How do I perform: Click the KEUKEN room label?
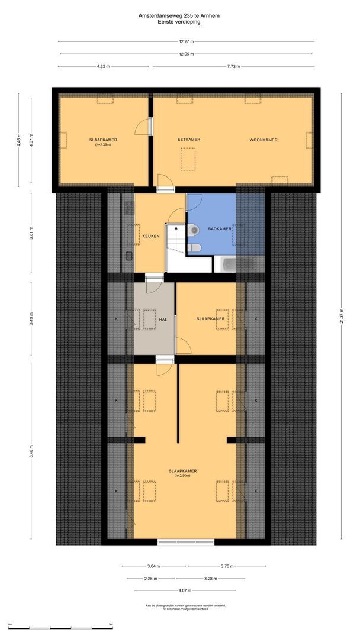150,237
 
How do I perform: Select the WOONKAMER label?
263,140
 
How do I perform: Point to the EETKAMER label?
189,140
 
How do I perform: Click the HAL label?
163,319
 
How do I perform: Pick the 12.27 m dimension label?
187,41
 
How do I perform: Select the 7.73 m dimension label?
233,66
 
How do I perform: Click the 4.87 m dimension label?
185,590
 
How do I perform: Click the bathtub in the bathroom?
237,264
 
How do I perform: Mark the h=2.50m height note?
182,475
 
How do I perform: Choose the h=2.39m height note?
103,144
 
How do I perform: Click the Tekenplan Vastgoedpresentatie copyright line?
186,609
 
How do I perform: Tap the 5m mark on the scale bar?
111,624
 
